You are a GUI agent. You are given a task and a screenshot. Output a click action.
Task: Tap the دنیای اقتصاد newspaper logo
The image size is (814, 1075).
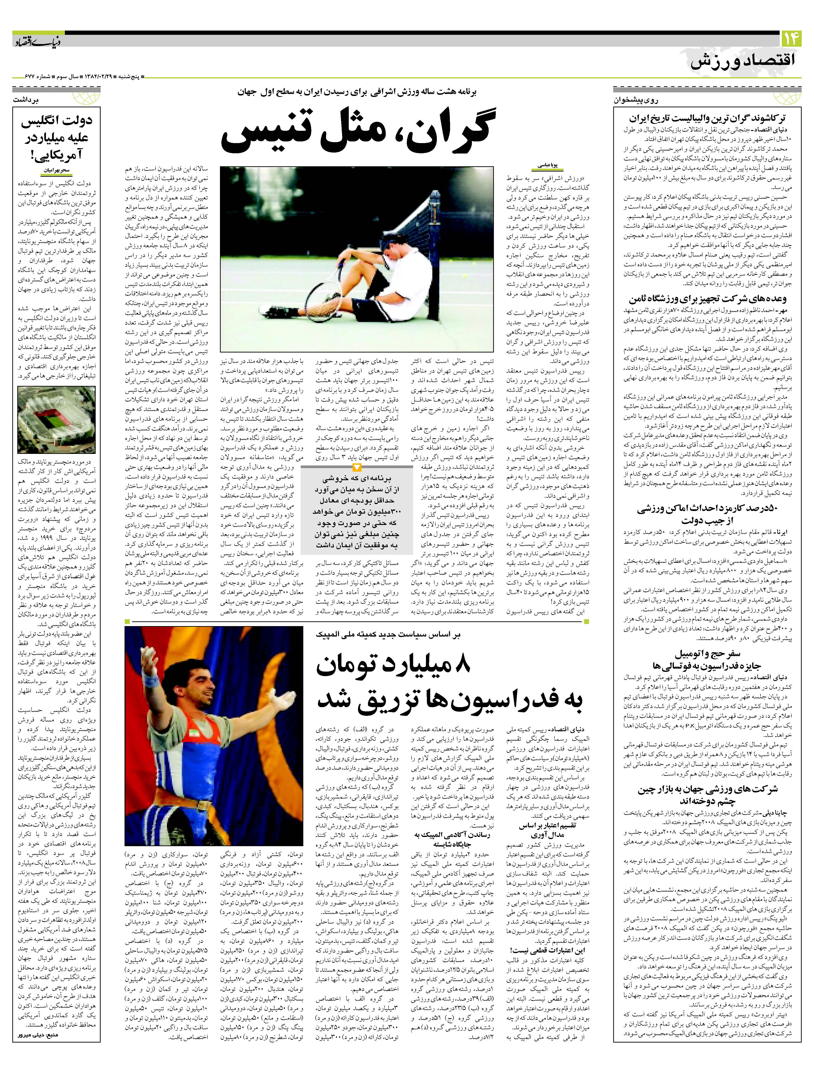[36, 41]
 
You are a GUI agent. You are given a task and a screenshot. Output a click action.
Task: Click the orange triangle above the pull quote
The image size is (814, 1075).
[357, 468]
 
